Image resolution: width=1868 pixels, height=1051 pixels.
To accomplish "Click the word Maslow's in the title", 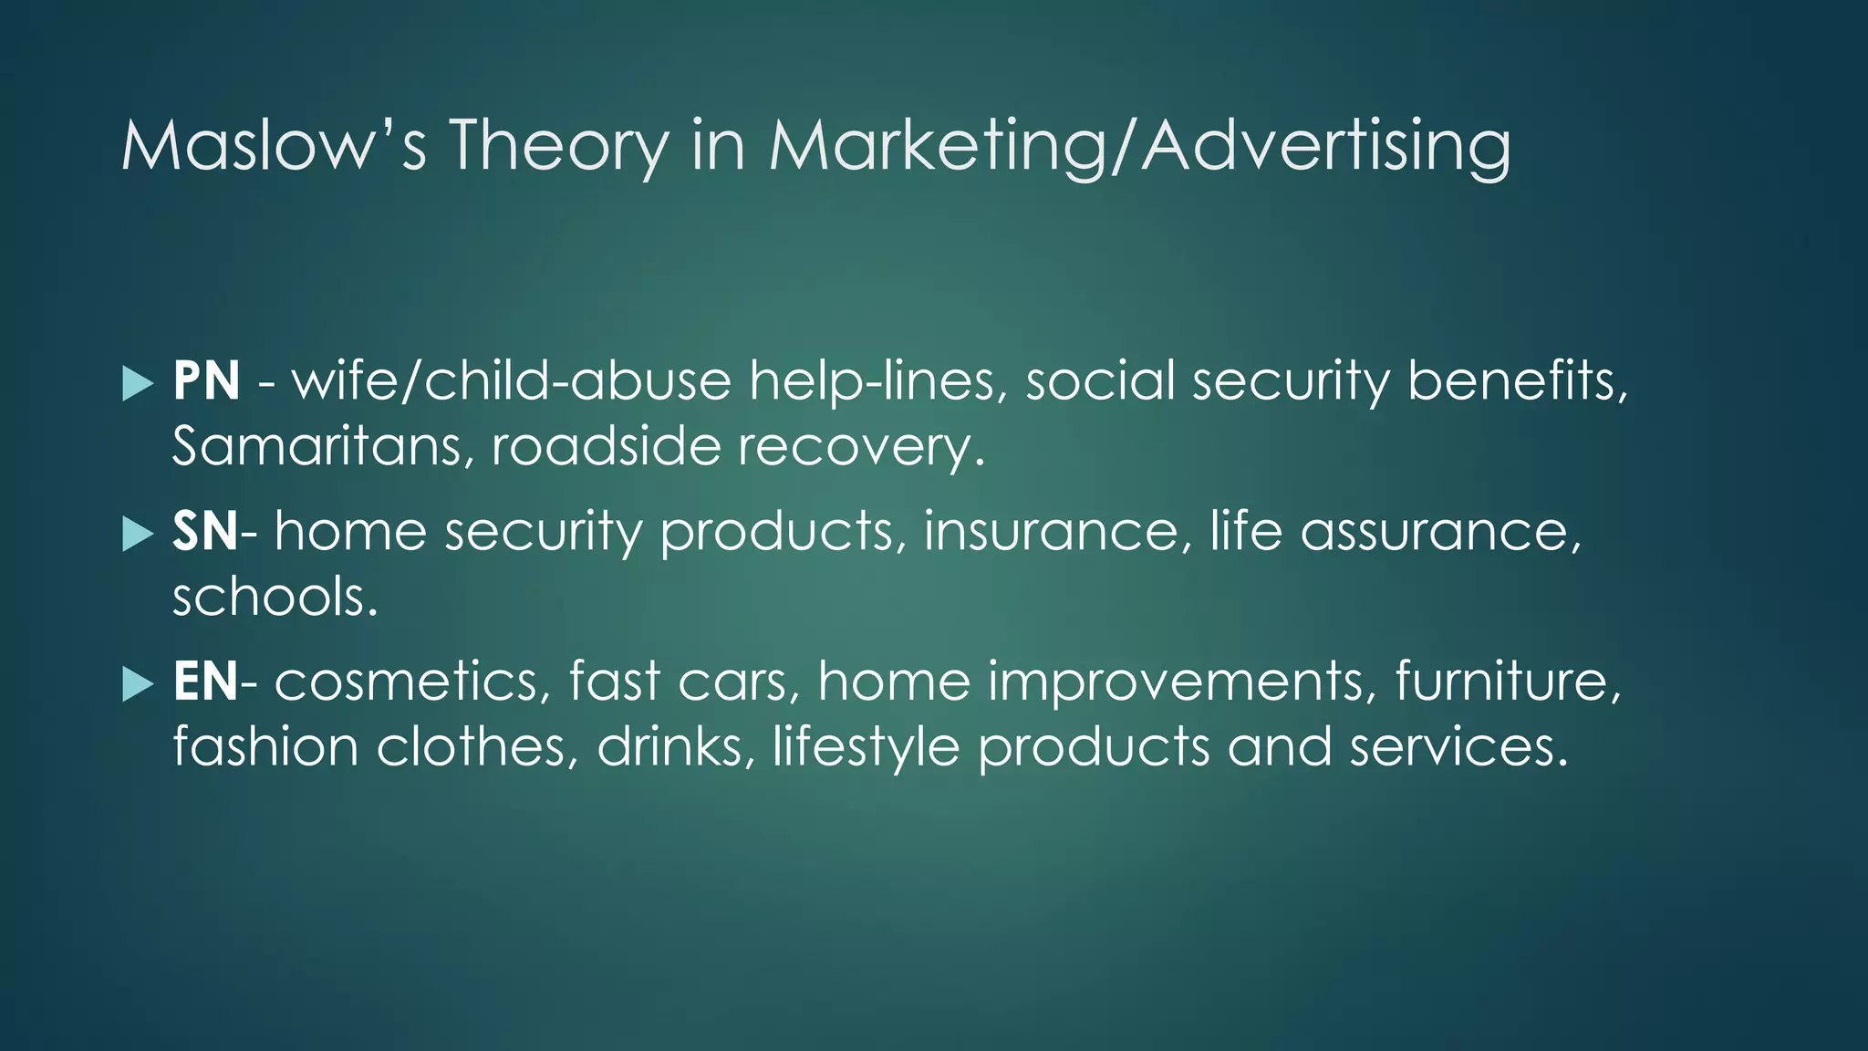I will [274, 146].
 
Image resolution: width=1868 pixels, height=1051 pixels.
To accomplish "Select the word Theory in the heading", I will [558, 146].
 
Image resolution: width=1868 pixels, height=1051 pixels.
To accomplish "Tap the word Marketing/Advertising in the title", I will [1139, 146].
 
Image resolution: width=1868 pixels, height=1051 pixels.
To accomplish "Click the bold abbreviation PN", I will [206, 381].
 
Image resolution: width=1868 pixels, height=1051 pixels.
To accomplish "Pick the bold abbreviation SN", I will [205, 532].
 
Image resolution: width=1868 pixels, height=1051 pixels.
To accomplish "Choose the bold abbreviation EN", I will [205, 682].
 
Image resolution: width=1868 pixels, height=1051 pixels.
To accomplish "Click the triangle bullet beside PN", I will [138, 383].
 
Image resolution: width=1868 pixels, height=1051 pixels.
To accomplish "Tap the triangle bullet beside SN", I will [138, 534].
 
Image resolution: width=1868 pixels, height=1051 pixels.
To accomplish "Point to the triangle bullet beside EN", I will [138, 683].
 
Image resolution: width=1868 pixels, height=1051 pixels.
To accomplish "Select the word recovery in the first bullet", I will [861, 447].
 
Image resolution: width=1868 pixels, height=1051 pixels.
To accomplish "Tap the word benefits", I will [1516, 381].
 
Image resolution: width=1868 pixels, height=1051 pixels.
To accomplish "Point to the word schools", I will [275, 598].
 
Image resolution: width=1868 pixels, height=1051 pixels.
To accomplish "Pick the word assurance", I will [1439, 532].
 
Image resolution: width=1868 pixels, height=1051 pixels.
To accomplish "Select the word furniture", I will [1508, 682].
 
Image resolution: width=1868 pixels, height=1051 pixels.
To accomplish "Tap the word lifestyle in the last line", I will [866, 748].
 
